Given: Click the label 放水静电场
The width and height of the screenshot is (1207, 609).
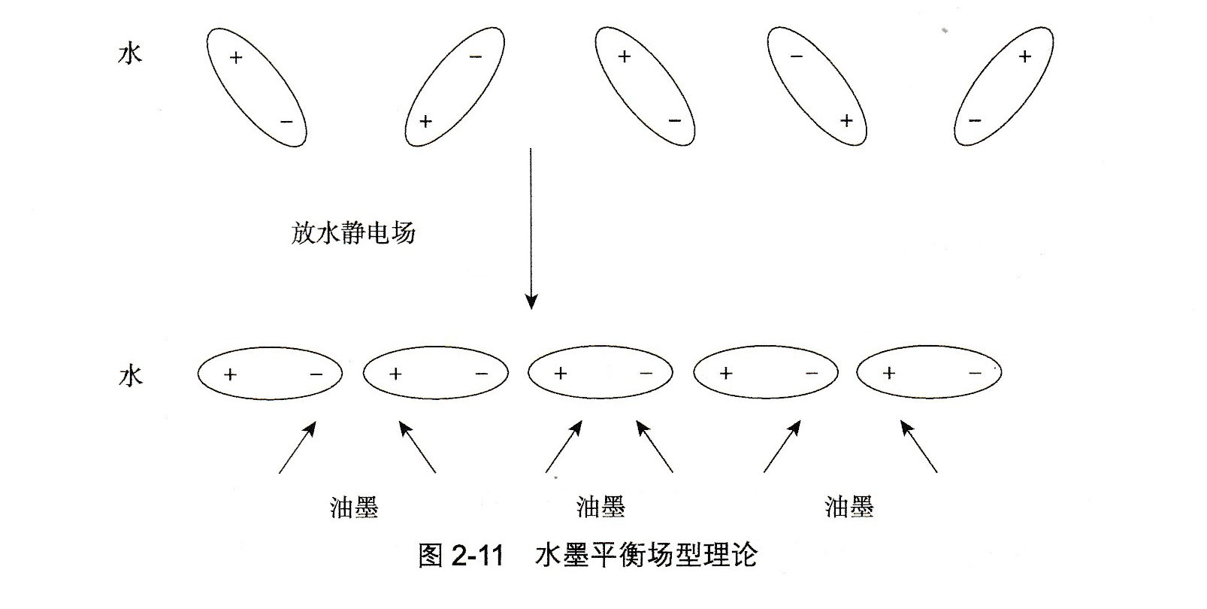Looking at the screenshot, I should point(353,232).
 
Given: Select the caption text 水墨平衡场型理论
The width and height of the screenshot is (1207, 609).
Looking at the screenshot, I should point(646,556).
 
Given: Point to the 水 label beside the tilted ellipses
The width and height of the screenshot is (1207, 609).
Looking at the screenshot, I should point(130,53).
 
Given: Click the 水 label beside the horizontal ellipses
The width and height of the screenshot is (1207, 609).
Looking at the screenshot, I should point(130,375).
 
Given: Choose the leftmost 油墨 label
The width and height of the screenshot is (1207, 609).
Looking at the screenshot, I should point(354,507).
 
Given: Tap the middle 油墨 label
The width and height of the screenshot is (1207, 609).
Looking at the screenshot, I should point(600,507).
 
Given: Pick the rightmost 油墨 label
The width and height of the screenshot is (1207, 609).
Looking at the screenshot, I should point(849,507).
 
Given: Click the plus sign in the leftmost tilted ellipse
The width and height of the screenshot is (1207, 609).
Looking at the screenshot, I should point(236,57).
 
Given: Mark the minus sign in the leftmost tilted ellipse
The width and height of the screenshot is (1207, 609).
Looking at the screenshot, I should point(286,121).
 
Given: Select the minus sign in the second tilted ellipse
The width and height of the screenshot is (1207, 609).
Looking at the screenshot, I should point(476,56).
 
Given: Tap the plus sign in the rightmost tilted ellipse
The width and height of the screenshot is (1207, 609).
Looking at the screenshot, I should point(1024,56).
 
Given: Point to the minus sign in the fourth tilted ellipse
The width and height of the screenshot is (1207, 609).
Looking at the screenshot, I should point(797,56).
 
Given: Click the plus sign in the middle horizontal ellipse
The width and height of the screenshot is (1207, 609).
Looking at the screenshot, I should point(560,373).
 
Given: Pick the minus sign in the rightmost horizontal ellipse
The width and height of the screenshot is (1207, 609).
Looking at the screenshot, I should point(975,373).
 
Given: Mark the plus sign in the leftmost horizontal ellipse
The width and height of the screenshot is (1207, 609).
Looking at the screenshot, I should point(230,374).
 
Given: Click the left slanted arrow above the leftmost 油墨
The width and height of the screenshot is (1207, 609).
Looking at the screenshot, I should point(297,447).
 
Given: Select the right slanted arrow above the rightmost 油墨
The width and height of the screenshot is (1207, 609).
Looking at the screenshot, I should point(919,447).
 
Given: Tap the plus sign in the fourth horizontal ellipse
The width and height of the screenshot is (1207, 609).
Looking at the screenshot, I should point(725,373).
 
